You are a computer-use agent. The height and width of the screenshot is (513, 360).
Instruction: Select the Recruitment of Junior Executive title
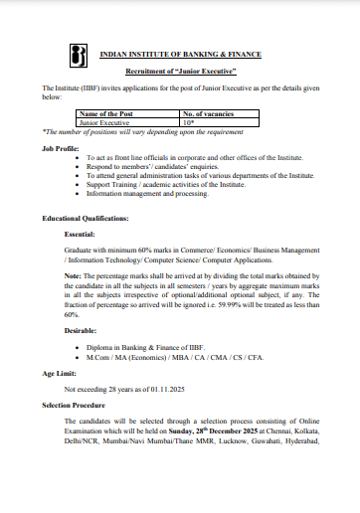(x=180, y=74)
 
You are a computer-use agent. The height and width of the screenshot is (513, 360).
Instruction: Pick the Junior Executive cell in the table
(x=103, y=123)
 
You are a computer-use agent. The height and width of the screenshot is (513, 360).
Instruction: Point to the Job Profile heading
(x=62, y=146)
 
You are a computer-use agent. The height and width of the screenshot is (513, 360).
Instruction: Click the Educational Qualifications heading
(x=85, y=218)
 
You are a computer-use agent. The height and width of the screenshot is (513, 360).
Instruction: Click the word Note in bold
(x=74, y=274)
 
